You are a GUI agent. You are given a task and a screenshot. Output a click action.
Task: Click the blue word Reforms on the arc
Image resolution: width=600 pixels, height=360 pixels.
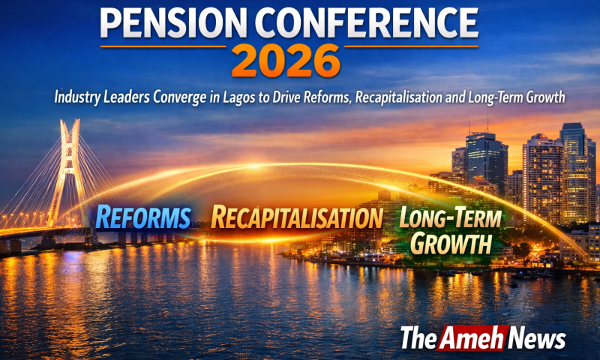coord(143,217)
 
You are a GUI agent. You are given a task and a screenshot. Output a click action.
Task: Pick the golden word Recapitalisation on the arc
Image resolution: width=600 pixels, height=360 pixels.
coord(297,217)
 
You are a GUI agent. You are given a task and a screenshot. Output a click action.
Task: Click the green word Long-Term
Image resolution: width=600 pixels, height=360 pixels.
coord(451,217)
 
